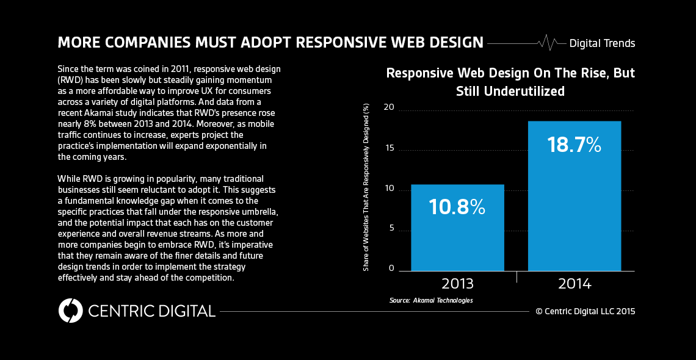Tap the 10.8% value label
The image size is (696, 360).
[x=457, y=207]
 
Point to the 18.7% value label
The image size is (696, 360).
[x=574, y=145]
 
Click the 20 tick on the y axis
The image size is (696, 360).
[x=388, y=108]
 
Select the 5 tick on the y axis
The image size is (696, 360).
[x=391, y=228]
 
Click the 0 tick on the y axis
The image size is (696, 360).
[x=391, y=268]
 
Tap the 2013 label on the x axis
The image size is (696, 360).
[x=457, y=284]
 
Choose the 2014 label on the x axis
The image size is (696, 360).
[x=575, y=284]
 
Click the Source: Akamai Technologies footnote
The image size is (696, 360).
[x=431, y=300]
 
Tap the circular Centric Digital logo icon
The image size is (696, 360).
[x=70, y=311]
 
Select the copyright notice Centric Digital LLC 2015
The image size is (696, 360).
[x=585, y=311]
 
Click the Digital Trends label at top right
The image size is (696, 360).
[x=602, y=43]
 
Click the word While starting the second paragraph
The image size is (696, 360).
[x=69, y=178]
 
